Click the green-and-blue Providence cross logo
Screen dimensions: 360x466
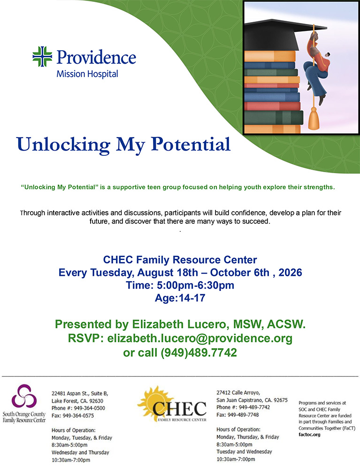click(x=42, y=56)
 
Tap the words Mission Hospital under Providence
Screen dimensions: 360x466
click(x=87, y=74)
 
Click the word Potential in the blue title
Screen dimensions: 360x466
click(x=191, y=145)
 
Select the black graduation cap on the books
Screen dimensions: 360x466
click(x=285, y=34)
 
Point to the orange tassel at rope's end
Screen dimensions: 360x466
click(x=314, y=118)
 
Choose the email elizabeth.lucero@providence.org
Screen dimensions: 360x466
click(x=200, y=338)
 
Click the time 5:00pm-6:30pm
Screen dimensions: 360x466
click(x=195, y=285)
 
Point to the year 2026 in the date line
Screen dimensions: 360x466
click(x=290, y=273)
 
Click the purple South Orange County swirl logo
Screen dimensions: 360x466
click(x=24, y=396)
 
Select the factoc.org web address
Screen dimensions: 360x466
click(x=309, y=435)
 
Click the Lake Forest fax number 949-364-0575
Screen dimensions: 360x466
click(x=78, y=415)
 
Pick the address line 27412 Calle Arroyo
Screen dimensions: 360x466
click(x=238, y=393)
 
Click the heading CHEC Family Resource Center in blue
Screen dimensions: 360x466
click(x=180, y=260)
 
